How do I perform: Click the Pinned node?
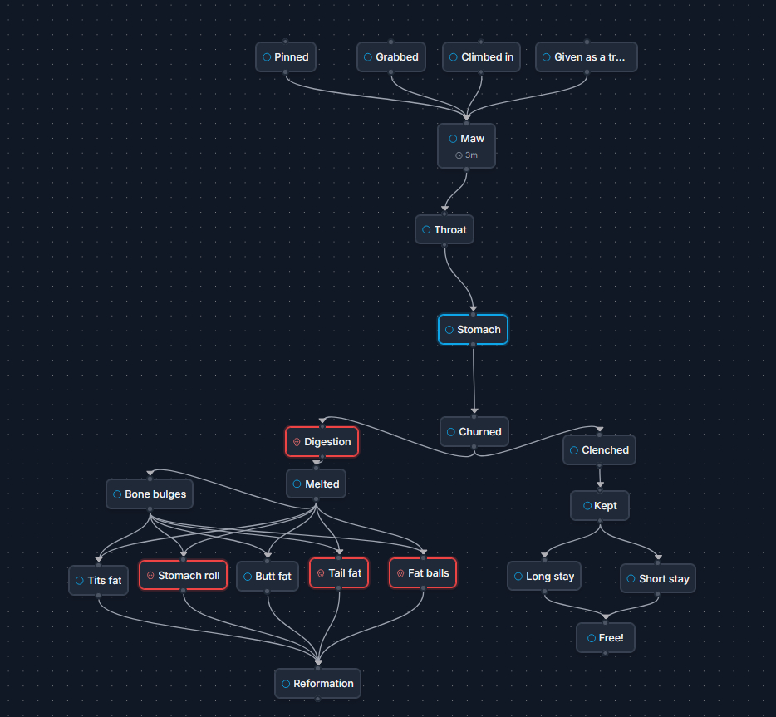tap(285, 57)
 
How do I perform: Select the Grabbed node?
tap(391, 57)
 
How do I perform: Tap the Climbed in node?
tap(481, 57)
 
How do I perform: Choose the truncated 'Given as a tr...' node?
tap(586, 57)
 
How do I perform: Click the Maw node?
tap(466, 139)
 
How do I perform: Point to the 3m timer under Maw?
tap(467, 155)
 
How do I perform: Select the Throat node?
tap(444, 229)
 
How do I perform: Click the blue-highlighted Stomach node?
tap(473, 330)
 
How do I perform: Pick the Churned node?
tap(474, 432)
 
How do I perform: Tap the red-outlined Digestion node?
tap(322, 442)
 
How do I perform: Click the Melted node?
tap(316, 484)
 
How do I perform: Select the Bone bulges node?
tap(150, 494)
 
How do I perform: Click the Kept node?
tap(599, 505)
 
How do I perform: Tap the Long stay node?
tap(543, 577)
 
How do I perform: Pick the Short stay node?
tap(657, 578)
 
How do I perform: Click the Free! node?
tap(605, 638)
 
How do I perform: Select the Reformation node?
tap(317, 684)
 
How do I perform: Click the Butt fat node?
tap(267, 577)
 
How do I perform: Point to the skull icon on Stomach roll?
tap(150, 576)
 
